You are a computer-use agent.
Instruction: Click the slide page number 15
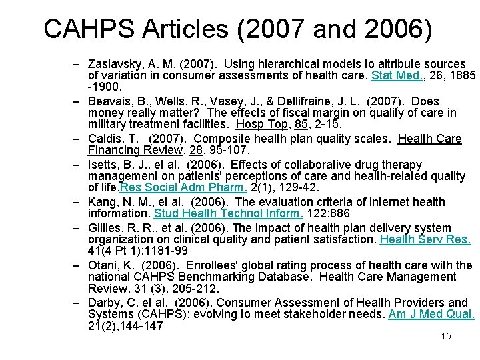pyautogui.click(x=446, y=336)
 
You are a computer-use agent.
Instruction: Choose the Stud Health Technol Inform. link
pyautogui.click(x=229, y=213)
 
